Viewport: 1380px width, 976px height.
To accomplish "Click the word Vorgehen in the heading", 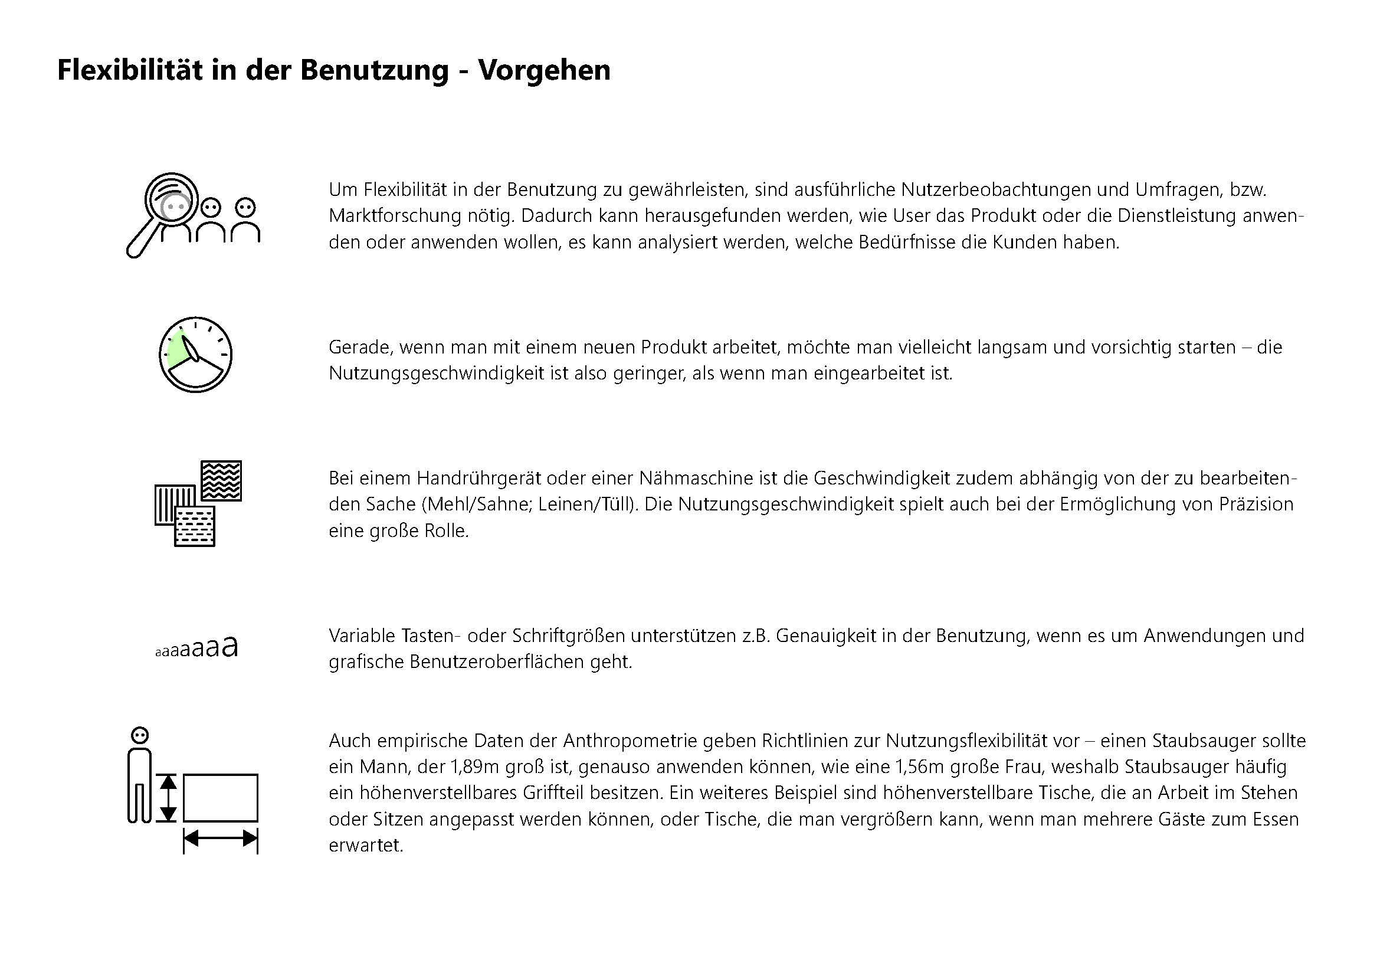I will tap(544, 70).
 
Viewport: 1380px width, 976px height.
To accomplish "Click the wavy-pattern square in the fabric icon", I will tap(221, 480).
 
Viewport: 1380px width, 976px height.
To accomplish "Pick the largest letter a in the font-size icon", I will tap(229, 646).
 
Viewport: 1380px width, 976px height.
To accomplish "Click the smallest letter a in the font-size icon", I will tap(158, 653).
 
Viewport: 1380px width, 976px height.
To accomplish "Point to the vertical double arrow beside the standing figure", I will tap(169, 798).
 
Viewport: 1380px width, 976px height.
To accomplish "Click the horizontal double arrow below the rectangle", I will tap(221, 838).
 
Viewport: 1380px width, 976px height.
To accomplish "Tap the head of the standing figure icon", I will tap(139, 736).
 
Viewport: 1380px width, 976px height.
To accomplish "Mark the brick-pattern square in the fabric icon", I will tap(195, 525).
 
